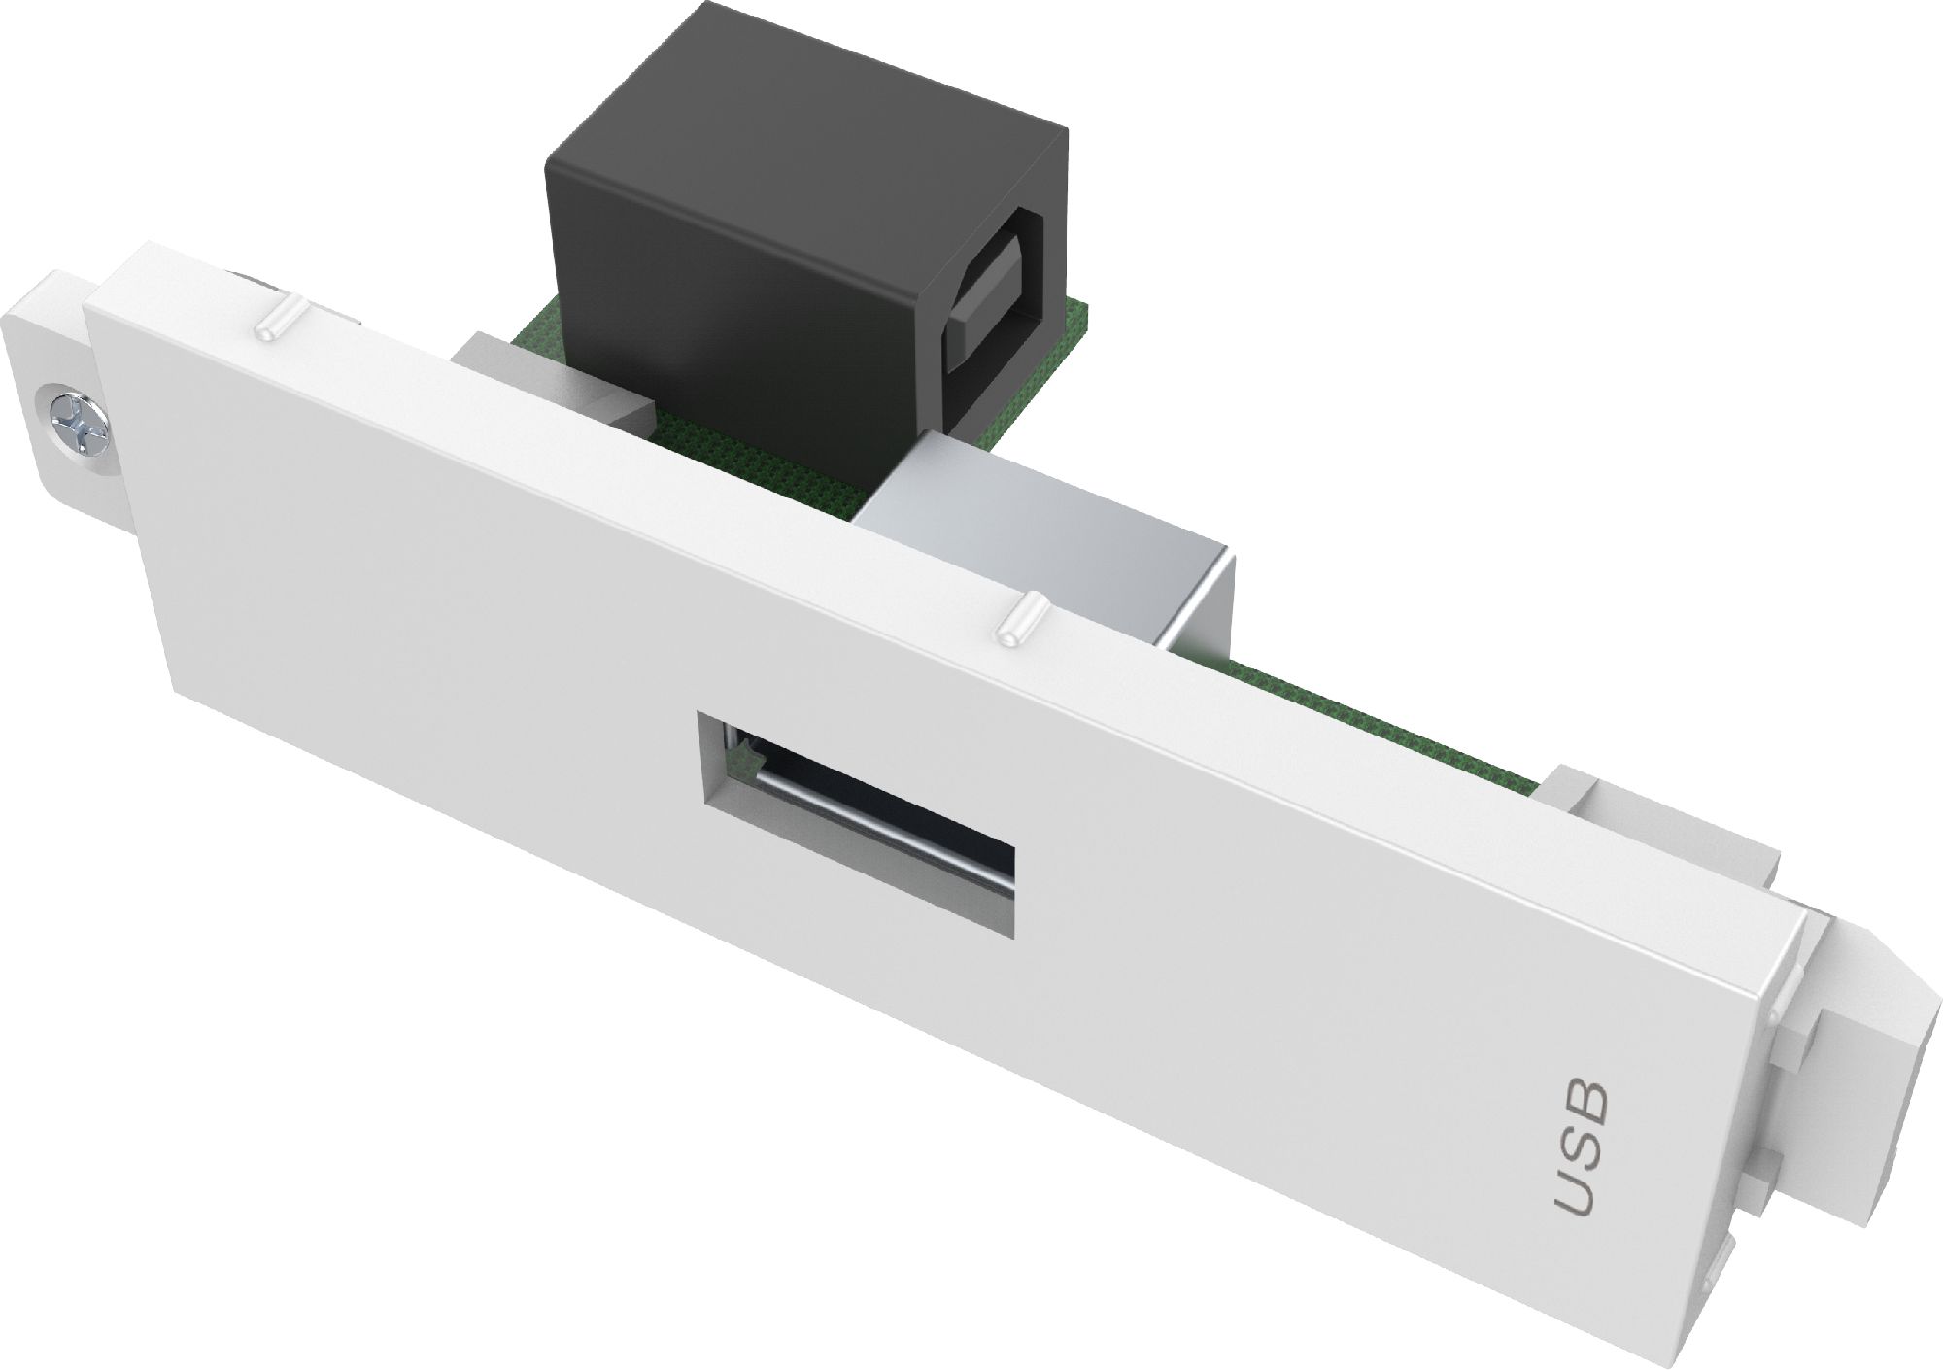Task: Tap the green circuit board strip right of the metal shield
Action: click(x=1360, y=719)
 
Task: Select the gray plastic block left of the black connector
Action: click(x=505, y=374)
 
